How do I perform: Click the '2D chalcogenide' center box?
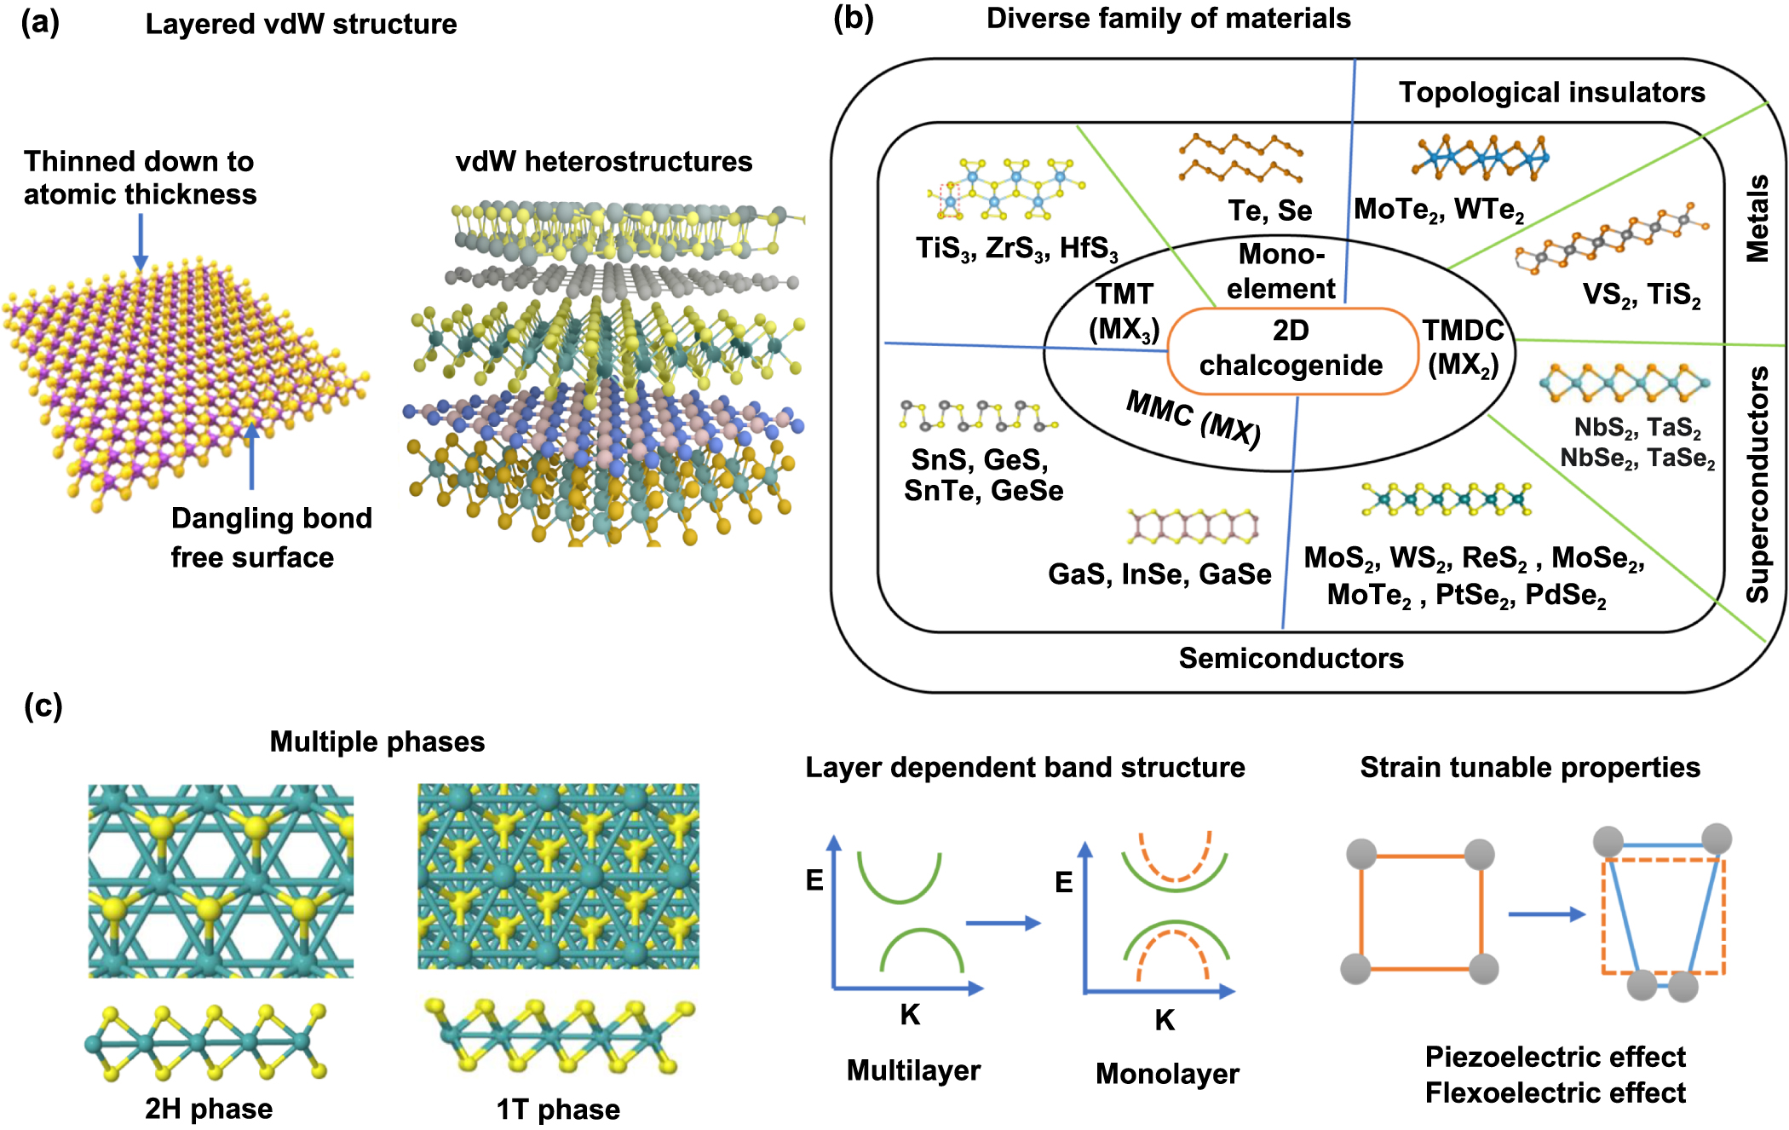coord(1291,349)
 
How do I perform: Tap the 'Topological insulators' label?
coord(1551,92)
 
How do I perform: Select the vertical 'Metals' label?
coord(1757,218)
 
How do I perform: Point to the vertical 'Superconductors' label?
coord(1757,484)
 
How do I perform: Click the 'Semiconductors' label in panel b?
coord(1291,658)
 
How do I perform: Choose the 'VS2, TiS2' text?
coord(1641,295)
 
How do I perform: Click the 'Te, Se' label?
coord(1269,210)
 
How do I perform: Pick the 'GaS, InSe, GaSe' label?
coord(1159,574)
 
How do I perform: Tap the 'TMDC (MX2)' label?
coord(1463,348)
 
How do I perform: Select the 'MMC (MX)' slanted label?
coord(1193,418)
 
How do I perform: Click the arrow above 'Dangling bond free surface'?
coord(251,456)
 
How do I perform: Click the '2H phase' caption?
coord(209,1109)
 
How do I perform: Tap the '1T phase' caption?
coord(558,1110)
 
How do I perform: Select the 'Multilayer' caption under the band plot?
coord(913,1070)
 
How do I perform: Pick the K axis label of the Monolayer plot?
coord(1165,1020)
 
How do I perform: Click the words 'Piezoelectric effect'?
coord(1555,1057)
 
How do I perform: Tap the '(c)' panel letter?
coord(43,706)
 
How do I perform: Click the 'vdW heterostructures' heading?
coord(603,161)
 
